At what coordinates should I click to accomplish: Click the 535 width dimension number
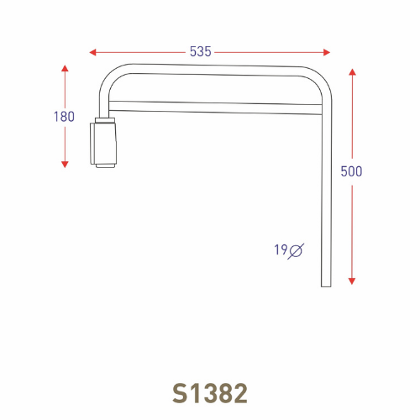coord(200,52)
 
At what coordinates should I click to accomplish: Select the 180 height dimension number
coord(64,117)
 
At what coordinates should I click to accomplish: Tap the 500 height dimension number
coord(351,171)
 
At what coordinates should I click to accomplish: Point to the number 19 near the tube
coord(280,249)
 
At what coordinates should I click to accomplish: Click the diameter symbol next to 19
coord(297,250)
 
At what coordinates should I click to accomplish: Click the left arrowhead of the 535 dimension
coord(93,52)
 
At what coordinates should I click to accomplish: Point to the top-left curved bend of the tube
coord(111,77)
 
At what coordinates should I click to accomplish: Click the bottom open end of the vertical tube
coord(326,285)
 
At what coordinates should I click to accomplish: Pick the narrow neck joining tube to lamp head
coord(104,118)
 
